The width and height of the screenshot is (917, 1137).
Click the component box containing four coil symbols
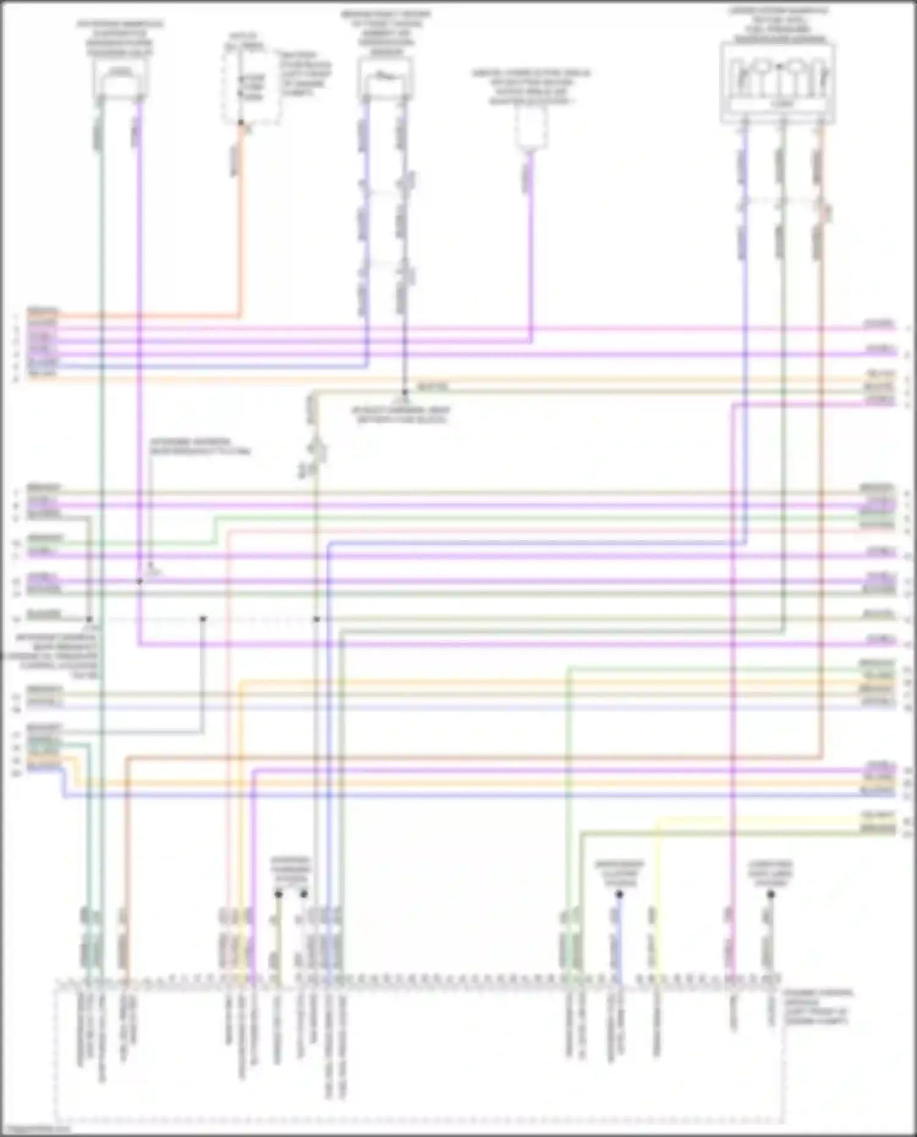coord(778,82)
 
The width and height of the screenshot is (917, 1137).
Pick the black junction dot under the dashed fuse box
coord(241,123)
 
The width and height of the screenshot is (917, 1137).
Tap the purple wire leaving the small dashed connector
coord(531,244)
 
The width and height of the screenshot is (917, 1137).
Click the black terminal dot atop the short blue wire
coord(619,894)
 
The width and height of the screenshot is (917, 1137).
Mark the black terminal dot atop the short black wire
coord(770,894)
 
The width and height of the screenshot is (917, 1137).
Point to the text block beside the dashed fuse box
coord(306,73)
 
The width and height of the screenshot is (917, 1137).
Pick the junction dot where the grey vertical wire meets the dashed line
coord(203,619)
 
